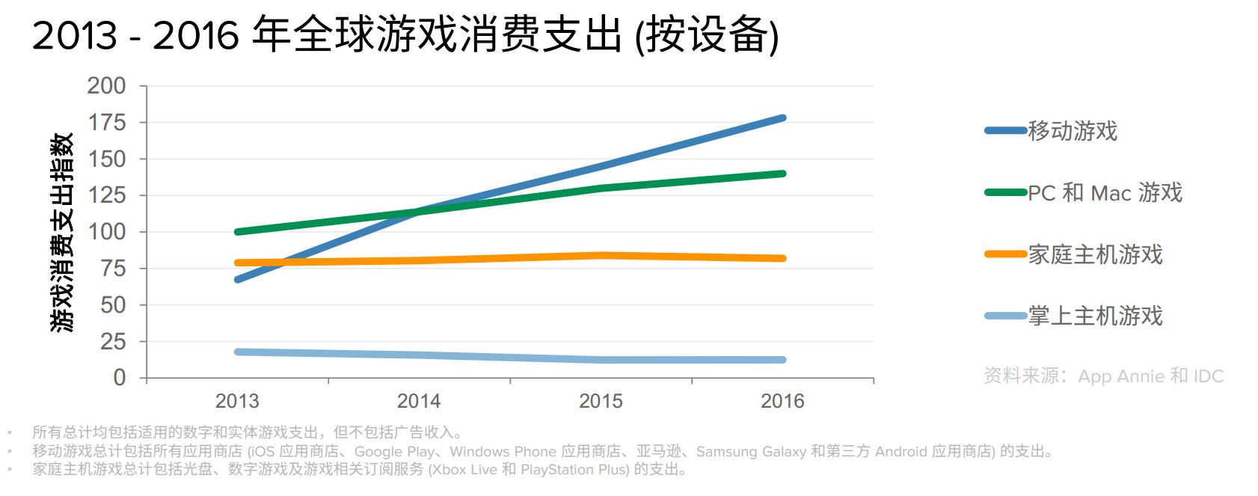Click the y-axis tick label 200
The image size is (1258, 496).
coord(106,86)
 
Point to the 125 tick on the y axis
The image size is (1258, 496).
coord(106,195)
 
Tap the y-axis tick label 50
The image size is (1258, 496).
coord(113,305)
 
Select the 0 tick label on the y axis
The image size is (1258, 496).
coord(119,378)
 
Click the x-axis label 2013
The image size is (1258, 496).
coord(237,401)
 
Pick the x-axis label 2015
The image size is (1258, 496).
coord(601,401)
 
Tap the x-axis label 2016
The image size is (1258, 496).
coord(782,401)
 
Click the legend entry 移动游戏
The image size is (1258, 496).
coord(1072,131)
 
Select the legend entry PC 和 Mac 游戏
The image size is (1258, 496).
coord(1105,193)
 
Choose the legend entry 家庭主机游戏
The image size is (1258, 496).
coord(1095,254)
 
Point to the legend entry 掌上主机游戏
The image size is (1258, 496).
coord(1095,316)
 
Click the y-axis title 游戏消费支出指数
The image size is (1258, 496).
coord(63,232)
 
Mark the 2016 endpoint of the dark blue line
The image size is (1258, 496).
coord(782,118)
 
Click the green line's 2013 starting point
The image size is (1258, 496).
coord(237,232)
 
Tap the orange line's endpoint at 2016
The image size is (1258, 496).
coord(782,259)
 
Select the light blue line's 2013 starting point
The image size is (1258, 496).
coord(237,352)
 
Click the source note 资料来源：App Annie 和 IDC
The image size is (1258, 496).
coord(1103,376)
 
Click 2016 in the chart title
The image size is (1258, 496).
coord(195,36)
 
